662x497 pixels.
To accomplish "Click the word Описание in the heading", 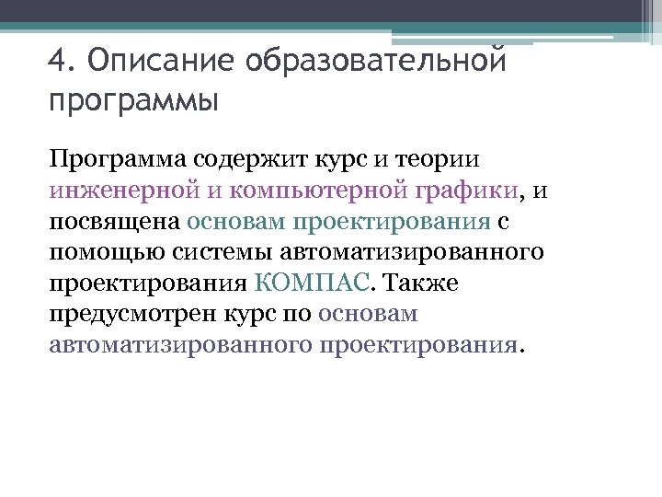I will tap(158, 62).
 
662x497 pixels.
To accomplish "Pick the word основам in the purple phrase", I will tap(368, 313).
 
